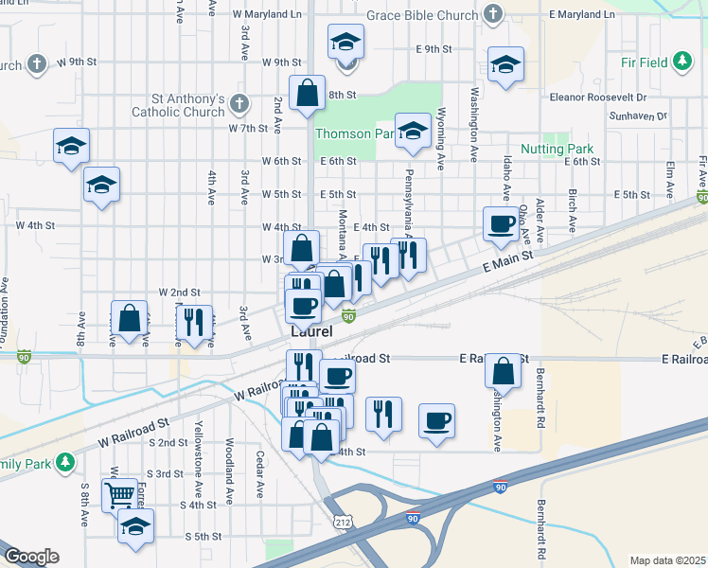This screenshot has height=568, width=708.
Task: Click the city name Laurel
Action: coord(311,331)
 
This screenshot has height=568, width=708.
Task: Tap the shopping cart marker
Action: coord(119,493)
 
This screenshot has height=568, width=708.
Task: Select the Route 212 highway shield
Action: coord(343,522)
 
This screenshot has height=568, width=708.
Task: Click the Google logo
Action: coord(30,557)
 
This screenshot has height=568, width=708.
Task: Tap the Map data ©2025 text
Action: coord(668,560)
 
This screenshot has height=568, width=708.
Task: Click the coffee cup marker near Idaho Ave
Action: coord(501,224)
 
